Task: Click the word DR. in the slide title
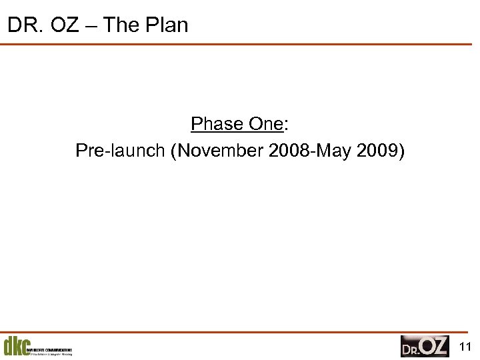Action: click(22, 25)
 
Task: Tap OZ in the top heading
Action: click(62, 25)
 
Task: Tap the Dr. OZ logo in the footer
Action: click(425, 346)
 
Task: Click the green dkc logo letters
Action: click(15, 346)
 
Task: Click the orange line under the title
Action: click(240, 45)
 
